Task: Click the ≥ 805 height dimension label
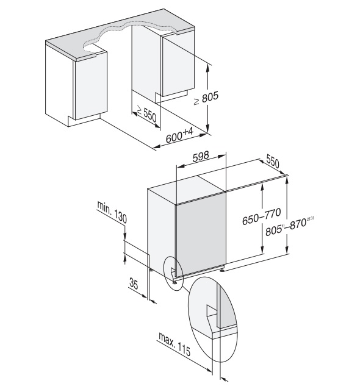[x=206, y=98]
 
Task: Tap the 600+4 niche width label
[x=179, y=135]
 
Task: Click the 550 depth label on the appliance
[x=273, y=161]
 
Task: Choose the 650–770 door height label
[x=262, y=216]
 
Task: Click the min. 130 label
[x=112, y=212]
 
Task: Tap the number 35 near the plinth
[x=134, y=284]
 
